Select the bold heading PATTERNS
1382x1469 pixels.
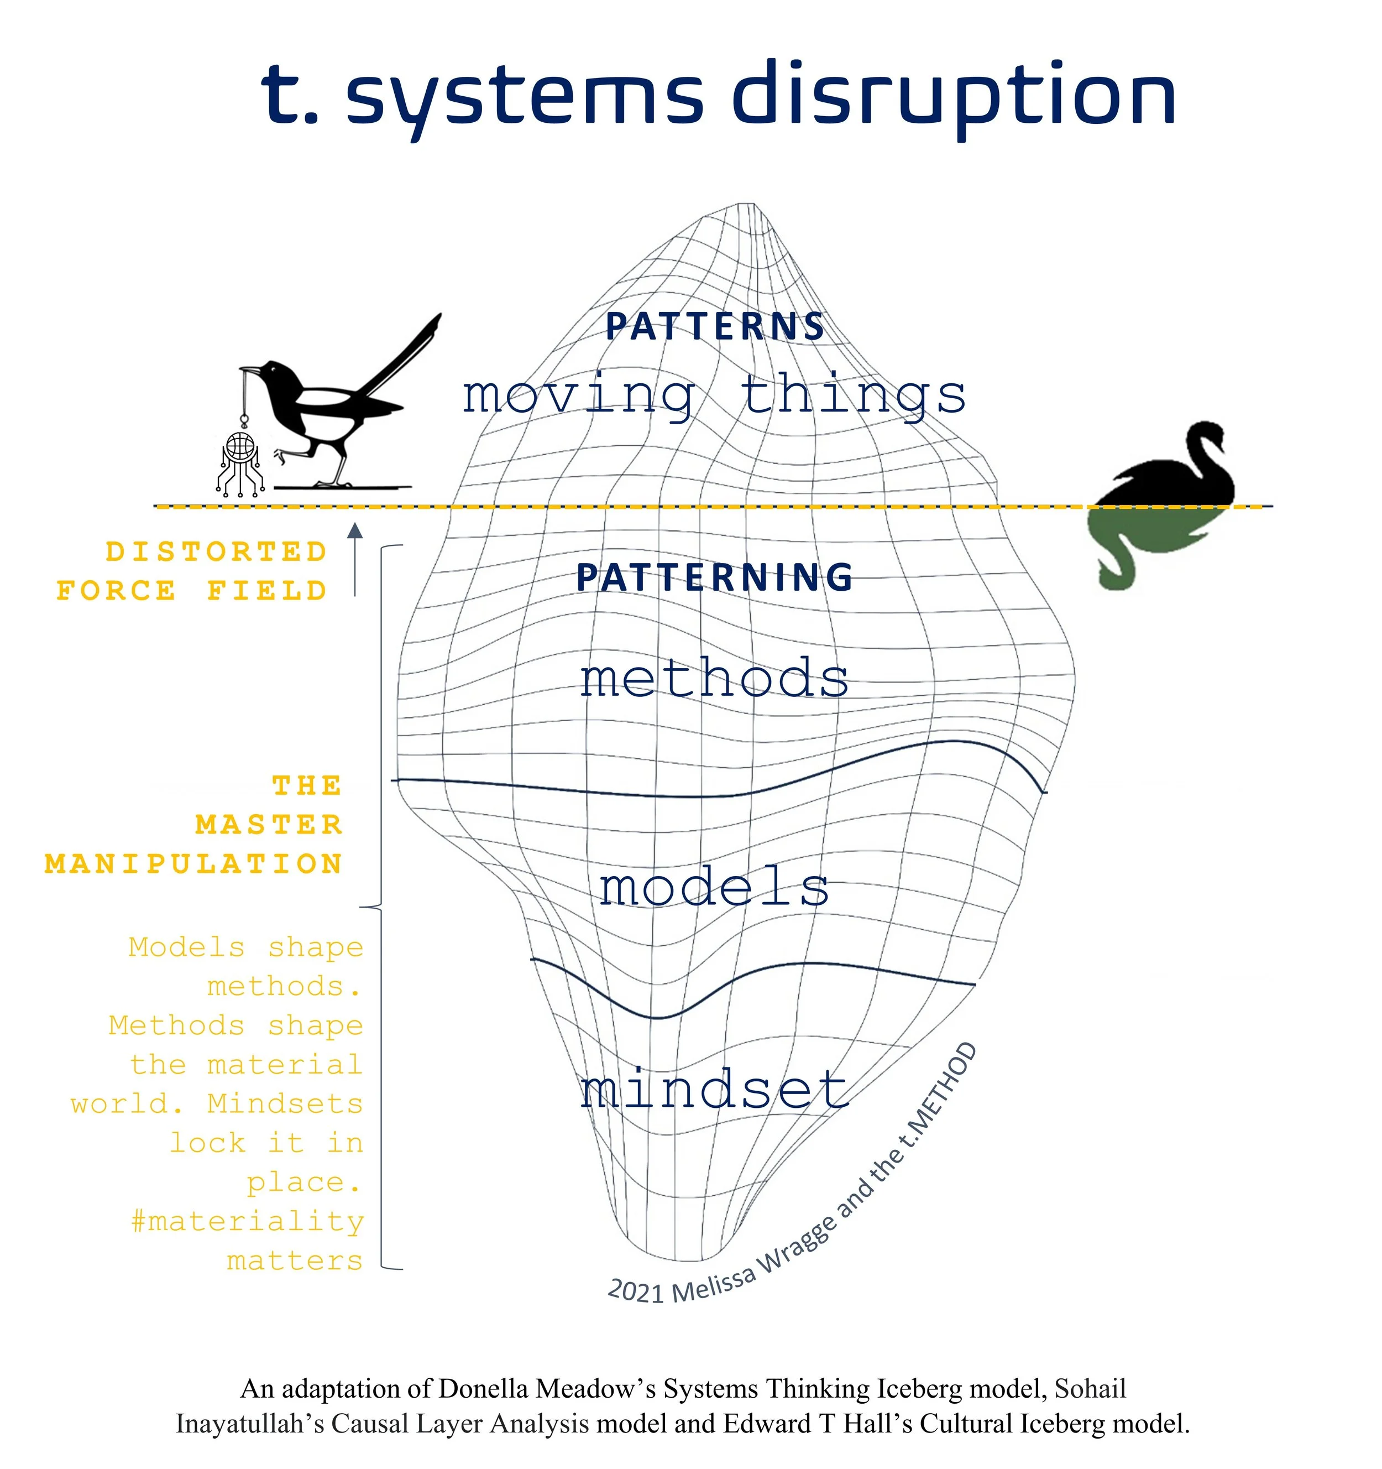[715, 327]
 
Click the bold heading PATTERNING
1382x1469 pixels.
[715, 577]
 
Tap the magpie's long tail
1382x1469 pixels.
[402, 355]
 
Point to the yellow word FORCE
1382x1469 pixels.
[116, 591]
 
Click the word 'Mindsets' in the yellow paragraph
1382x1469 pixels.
[285, 1104]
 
